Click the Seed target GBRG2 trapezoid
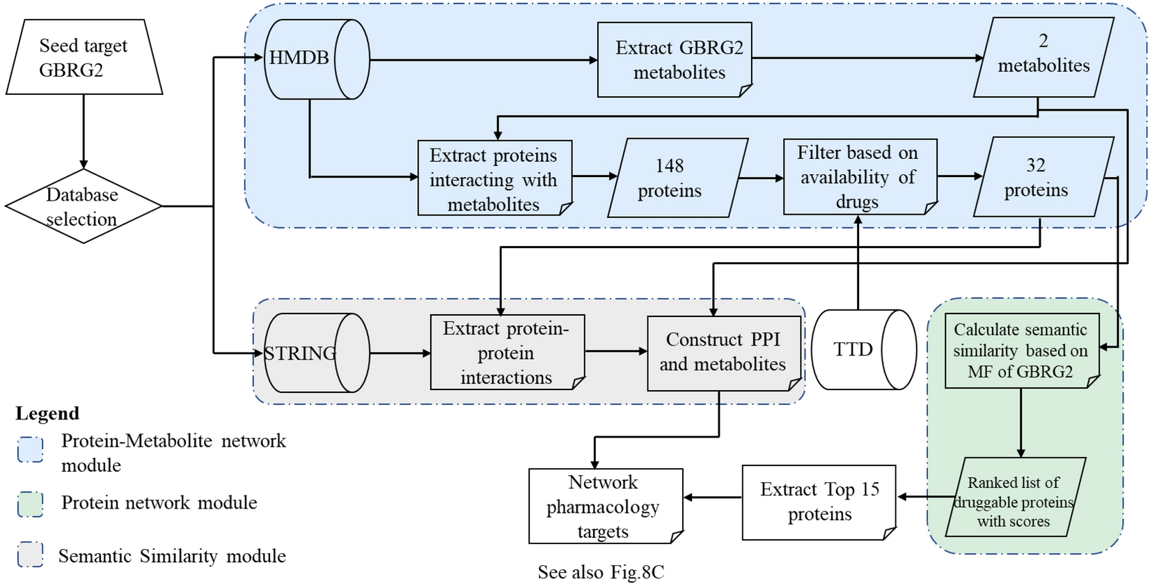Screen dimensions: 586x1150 tap(84, 57)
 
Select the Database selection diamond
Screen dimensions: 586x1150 tap(83, 206)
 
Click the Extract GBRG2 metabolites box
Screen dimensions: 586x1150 tap(675, 60)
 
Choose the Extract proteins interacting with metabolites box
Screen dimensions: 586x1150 tap(494, 179)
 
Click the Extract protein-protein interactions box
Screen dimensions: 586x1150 tap(507, 353)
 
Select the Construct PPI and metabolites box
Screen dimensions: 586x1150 tap(723, 353)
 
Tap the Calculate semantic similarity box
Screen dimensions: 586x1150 tap(1021, 350)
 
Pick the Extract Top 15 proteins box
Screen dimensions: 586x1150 tap(819, 502)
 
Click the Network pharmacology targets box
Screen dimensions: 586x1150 tap(604, 507)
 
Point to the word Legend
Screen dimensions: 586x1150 tap(47, 413)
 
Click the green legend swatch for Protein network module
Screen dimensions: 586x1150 tap(31, 504)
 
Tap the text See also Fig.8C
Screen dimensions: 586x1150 tap(601, 573)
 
